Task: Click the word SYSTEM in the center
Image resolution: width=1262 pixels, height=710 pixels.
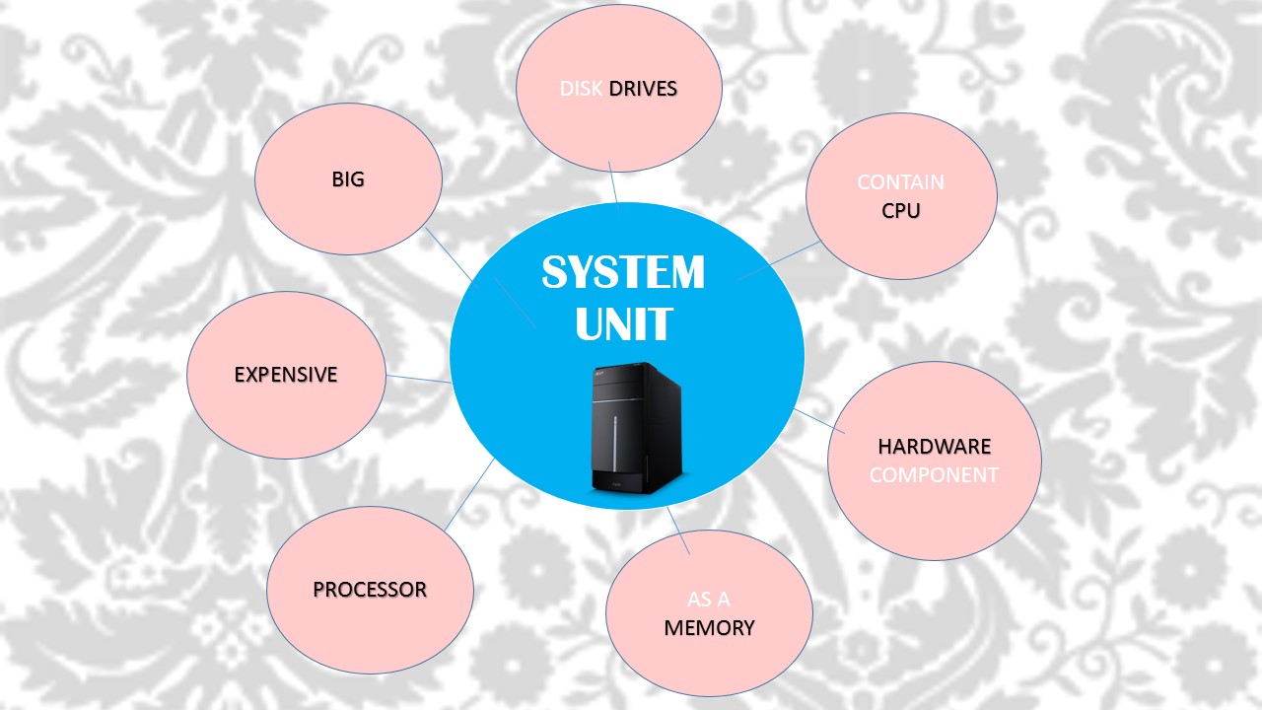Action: point(623,272)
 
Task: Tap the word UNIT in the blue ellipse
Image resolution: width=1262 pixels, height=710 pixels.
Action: point(623,323)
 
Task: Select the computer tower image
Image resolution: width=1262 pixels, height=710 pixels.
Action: point(637,428)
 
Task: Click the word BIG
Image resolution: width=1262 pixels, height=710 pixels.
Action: point(348,179)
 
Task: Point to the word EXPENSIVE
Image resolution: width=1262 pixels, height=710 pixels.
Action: point(286,375)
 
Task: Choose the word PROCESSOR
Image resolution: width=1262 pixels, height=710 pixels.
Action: point(370,590)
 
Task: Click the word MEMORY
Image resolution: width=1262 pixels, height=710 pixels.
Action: point(709,627)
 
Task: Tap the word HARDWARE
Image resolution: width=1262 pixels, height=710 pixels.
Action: point(934,447)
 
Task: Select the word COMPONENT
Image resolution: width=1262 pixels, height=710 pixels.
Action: point(934,474)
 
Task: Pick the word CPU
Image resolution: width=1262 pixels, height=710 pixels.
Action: point(901,210)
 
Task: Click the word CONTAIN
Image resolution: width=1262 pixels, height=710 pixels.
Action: point(900,182)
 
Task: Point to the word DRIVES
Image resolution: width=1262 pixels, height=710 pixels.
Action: point(643,89)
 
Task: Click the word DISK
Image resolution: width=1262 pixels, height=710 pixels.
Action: point(581,89)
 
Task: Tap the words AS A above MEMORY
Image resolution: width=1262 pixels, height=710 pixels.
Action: point(709,599)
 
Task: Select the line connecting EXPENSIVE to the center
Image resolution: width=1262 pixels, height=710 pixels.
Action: point(418,378)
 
